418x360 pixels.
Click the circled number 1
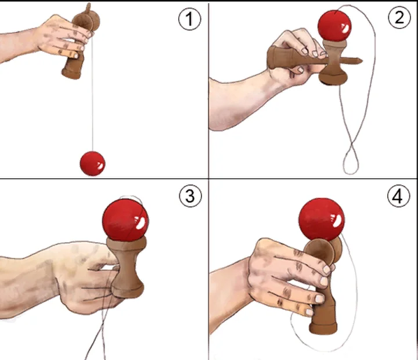tap(189, 19)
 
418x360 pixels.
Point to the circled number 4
tap(398, 196)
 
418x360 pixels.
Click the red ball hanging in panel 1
tap(92, 164)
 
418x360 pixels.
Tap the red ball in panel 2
tap(334, 26)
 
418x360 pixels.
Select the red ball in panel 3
tap(125, 220)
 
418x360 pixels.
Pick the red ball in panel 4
tap(322, 219)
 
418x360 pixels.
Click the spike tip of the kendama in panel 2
tap(362, 62)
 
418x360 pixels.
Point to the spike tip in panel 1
tap(89, 4)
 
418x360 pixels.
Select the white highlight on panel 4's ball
tap(336, 221)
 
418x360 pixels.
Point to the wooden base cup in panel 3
tap(128, 291)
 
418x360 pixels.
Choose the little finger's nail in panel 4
tap(309, 312)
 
